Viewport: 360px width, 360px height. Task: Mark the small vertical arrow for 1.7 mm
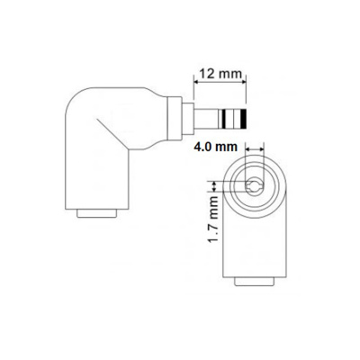point(216,184)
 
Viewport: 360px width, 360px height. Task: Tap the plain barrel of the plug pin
point(214,119)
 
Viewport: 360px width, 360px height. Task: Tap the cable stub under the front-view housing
point(256,281)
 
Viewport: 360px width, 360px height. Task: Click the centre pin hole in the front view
point(255,184)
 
